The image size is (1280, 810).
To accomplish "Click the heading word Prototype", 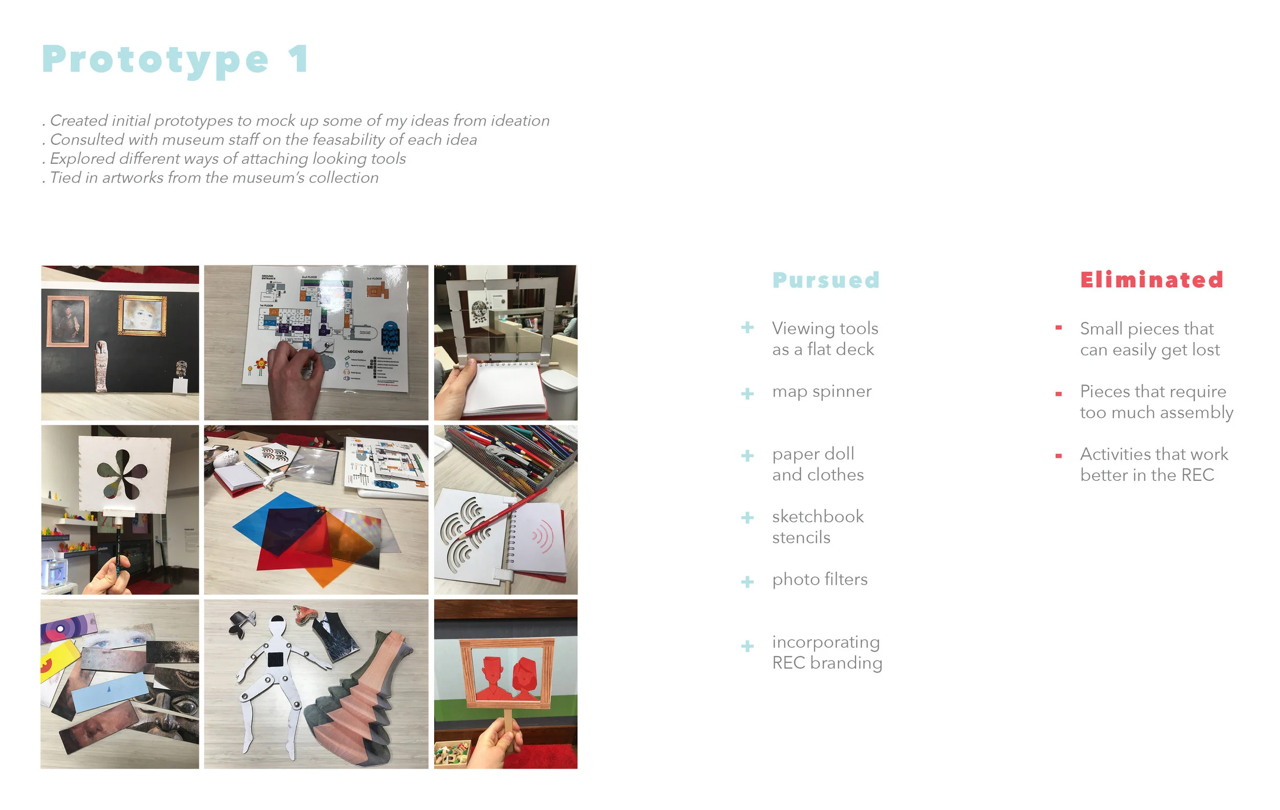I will coord(155,59).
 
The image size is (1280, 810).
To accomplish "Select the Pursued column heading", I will coord(825,280).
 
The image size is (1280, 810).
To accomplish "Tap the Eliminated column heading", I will coord(1151,280).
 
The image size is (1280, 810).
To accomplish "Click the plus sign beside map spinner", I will coord(748,393).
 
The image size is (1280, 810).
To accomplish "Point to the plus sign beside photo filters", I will coord(748,582).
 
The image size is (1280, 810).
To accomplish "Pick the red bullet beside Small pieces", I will coord(1058,328).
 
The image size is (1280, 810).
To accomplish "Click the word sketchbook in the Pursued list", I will coord(818,516).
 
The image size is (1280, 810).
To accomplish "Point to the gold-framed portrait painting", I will coord(142,316).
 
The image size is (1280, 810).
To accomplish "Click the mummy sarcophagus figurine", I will coord(101,366).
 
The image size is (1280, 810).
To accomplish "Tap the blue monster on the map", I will coord(391,336).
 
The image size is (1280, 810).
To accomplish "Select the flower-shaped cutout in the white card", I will coord(122,473).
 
